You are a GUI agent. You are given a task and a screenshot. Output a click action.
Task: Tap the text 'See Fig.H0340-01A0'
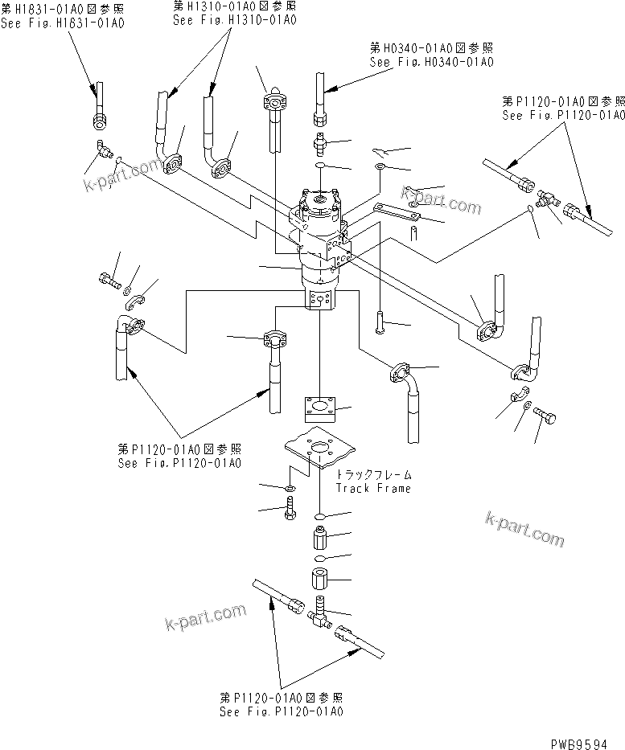(x=431, y=62)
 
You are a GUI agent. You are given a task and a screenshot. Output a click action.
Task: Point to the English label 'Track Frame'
(x=372, y=488)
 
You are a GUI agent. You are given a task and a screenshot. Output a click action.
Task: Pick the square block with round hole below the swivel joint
(x=320, y=408)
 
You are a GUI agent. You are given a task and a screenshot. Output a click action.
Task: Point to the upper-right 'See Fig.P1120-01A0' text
(x=562, y=115)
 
